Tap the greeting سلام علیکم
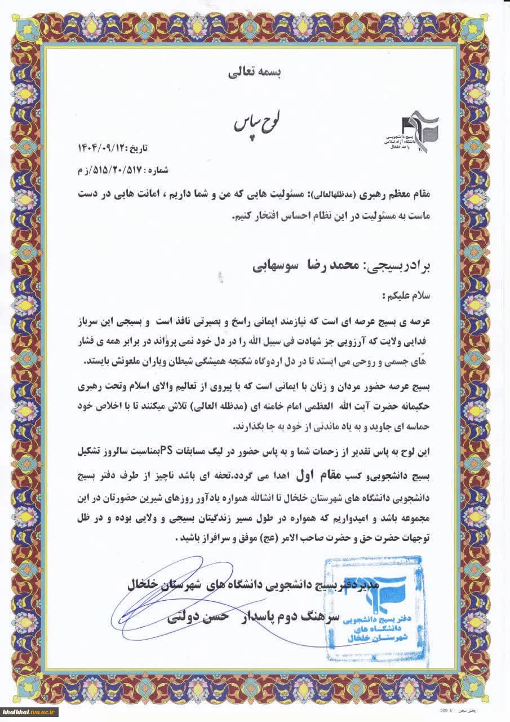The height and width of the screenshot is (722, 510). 406,295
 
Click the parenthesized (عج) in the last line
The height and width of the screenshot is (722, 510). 256,538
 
